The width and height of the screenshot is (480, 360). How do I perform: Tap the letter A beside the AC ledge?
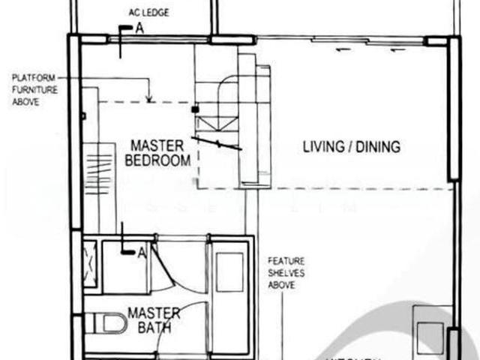139,28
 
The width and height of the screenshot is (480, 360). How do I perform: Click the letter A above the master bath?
142,253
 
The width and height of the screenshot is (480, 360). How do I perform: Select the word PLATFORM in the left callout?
30,77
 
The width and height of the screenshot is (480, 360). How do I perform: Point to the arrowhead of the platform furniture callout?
151,100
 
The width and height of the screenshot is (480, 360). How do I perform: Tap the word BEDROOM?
157,160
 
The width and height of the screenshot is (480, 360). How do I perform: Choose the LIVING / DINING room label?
351,145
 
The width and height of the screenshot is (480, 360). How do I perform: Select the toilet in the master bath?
108,323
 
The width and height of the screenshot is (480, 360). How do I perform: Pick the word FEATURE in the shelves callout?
285,261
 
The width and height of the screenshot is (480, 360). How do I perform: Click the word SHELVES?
285,273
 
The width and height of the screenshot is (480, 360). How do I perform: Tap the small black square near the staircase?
195,109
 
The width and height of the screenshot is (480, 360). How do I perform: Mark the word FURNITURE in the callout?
31,89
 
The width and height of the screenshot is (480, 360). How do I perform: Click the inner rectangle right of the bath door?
229,272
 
